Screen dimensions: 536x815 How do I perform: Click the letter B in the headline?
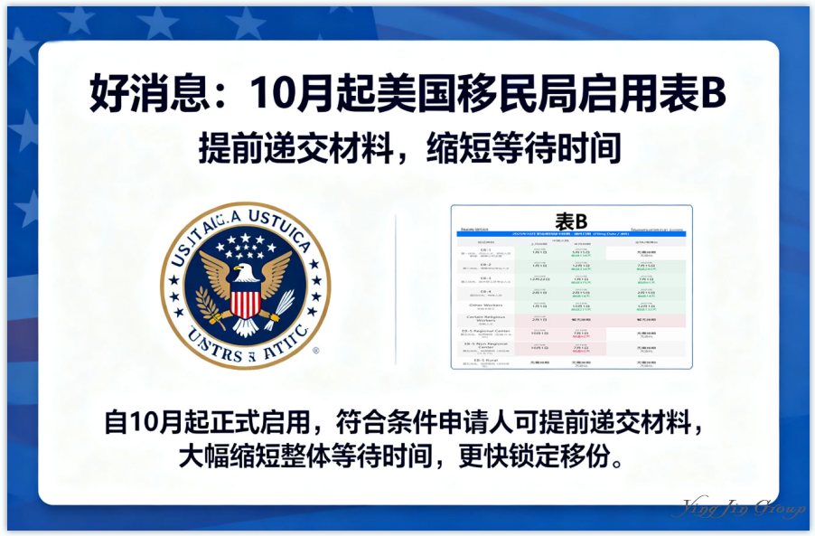coord(715,92)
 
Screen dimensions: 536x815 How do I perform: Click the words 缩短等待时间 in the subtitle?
coord(519,147)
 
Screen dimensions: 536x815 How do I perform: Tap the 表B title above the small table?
coord(570,221)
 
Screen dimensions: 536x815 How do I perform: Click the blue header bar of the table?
coord(570,234)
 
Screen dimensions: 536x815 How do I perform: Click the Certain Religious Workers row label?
coord(484,319)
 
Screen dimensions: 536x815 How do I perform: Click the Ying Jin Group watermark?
coord(743,508)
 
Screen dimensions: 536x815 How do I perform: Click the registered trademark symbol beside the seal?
coord(314,351)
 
